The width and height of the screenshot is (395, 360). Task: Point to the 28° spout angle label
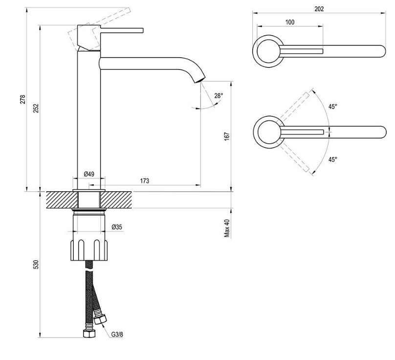218,96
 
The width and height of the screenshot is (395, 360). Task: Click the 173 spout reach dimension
145,181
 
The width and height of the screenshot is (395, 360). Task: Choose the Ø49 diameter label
89,174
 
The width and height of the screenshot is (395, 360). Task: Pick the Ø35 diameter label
116,227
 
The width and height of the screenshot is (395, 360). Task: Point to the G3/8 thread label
116,335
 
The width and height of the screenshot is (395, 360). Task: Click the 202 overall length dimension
319,9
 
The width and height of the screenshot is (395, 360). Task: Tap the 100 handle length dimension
289,22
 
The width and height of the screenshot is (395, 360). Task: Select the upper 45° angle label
332,106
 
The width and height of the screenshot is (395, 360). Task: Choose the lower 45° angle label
332,159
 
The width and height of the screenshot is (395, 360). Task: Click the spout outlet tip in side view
200,79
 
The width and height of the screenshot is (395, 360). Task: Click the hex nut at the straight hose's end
88,335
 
